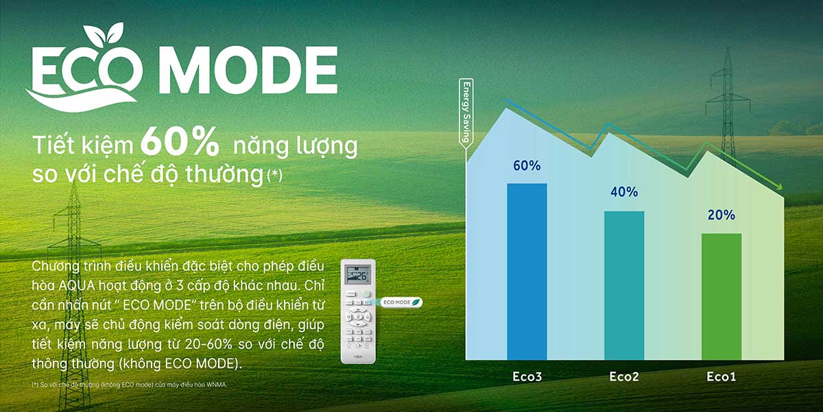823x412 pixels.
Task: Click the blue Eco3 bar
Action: pyautogui.click(x=527, y=271)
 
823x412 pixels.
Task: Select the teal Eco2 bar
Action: pyautogui.click(x=623, y=285)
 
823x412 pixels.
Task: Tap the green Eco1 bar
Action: pyautogui.click(x=721, y=296)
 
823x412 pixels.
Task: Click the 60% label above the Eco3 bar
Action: pyautogui.click(x=527, y=165)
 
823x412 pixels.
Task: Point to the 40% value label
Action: pyautogui.click(x=623, y=192)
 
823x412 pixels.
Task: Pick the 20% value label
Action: pyautogui.click(x=721, y=215)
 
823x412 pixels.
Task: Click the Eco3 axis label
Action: pyautogui.click(x=527, y=377)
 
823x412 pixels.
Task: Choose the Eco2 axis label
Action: pyautogui.click(x=623, y=377)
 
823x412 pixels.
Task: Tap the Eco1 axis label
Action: pyautogui.click(x=721, y=377)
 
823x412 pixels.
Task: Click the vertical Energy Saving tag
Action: pyautogui.click(x=466, y=113)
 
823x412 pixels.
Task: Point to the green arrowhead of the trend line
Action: pyautogui.click(x=778, y=186)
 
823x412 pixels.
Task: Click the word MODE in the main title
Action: pyautogui.click(x=252, y=71)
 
